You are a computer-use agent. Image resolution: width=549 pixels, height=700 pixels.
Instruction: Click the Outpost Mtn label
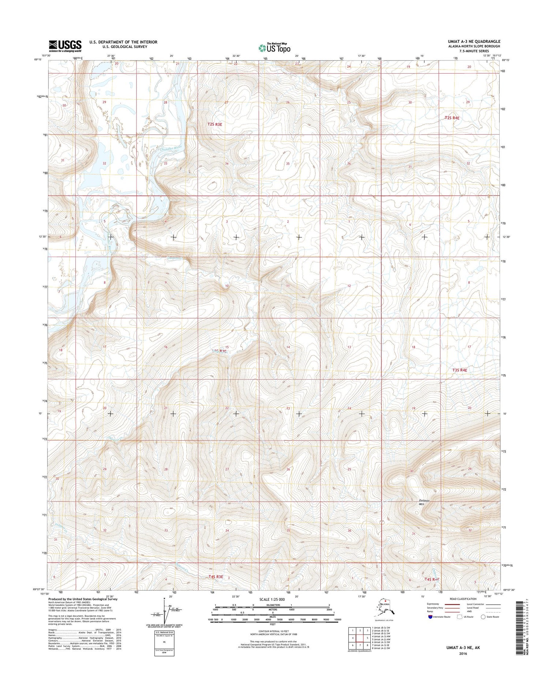tap(423, 502)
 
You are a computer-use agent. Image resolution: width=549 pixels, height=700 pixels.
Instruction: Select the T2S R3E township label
tap(214, 124)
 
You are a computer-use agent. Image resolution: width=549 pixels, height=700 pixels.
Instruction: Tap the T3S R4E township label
tap(460, 370)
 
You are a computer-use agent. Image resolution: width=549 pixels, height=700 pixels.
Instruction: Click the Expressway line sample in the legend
tap(452, 604)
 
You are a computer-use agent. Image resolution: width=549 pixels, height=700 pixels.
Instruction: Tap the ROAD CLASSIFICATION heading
tap(463, 599)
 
